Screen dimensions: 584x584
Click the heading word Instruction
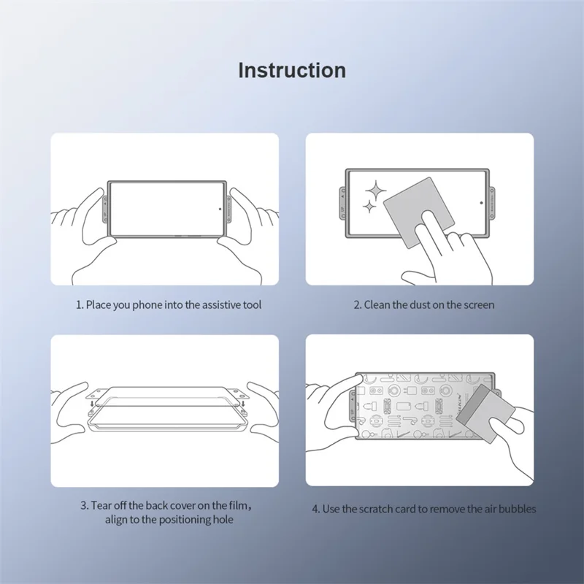(x=292, y=70)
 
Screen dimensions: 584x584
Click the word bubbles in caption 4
(x=517, y=508)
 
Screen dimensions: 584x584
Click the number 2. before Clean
(x=358, y=304)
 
